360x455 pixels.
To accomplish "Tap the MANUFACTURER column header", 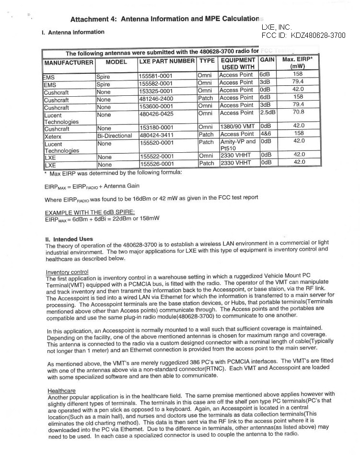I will pos(69,63).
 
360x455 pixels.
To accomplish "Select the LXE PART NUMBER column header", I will pos(166,61).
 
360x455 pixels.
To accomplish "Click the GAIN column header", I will pos(267,60).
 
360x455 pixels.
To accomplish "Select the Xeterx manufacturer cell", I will pos(53,136).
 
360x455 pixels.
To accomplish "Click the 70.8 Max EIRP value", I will pos(299,112).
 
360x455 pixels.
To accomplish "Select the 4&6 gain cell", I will pos(266,135).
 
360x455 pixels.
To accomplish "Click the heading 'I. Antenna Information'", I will pos(73,33).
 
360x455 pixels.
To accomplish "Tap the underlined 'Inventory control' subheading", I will pos(67,272).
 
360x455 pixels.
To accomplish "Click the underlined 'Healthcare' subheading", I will pos(61,391).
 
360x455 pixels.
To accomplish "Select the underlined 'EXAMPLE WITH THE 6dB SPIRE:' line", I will pos(90,212).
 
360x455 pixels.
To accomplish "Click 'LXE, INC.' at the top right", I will pos(277,28).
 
